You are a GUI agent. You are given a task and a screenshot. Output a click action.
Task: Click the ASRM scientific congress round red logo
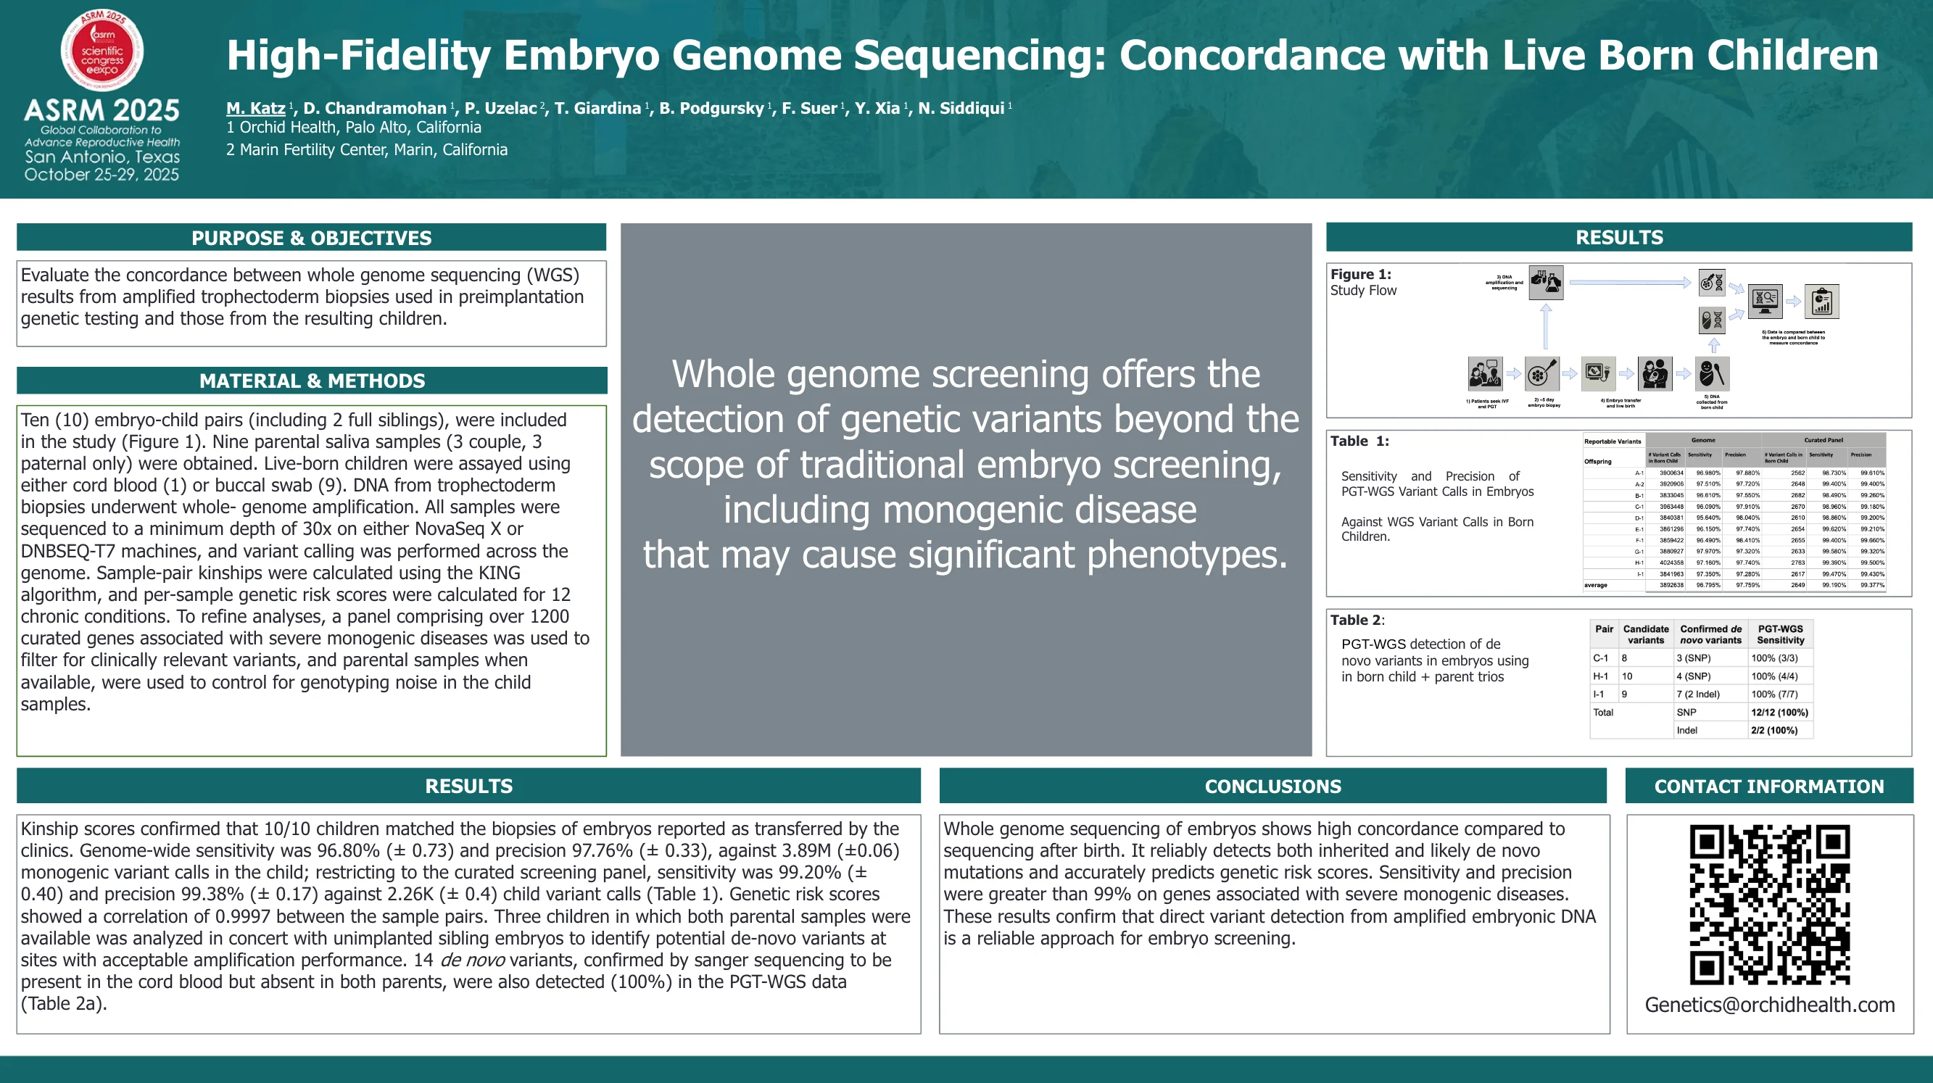102,50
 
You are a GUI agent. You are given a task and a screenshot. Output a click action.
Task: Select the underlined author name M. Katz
255,108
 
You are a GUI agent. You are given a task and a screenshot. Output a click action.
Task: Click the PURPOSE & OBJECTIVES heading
310,238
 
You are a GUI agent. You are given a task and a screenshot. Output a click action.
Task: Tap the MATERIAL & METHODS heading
311,381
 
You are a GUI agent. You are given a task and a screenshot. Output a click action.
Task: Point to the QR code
1768,904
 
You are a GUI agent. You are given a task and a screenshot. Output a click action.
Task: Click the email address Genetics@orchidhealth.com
1768,1004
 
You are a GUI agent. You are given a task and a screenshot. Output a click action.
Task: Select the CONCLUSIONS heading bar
1272,786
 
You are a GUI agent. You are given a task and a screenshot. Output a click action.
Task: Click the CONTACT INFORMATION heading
1768,786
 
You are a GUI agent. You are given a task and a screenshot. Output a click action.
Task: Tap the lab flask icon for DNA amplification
1546,283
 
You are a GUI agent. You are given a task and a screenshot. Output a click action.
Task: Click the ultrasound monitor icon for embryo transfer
1597,373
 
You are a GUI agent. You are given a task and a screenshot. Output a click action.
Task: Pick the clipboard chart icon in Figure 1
1821,302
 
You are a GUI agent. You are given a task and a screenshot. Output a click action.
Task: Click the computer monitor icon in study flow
1765,301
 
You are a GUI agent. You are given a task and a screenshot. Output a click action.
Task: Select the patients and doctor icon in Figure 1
1485,373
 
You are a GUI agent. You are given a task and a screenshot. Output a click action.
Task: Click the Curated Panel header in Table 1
1823,440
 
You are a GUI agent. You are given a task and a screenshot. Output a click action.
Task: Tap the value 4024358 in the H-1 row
1671,563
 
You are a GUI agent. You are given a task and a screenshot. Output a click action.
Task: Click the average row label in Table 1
1595,585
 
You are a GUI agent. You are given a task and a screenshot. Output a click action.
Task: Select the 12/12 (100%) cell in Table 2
1779,712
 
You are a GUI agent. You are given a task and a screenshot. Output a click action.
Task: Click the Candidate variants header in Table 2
1646,634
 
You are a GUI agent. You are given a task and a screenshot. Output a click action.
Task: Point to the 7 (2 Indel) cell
1698,694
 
